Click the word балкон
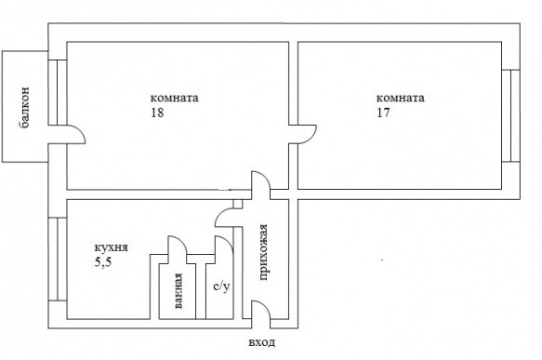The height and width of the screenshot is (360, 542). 25,108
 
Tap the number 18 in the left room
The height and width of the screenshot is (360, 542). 157,113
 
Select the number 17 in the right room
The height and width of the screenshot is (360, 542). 383,113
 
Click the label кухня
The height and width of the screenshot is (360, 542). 112,247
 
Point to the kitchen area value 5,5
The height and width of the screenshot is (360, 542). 103,263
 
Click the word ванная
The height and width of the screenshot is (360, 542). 178,291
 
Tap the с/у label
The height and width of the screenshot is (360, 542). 221,287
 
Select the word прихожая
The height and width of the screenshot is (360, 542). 263,252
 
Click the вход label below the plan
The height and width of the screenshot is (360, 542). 262,342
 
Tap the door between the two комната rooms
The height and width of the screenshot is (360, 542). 311,131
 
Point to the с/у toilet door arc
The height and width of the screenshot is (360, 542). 228,241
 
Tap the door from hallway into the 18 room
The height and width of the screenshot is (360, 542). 264,177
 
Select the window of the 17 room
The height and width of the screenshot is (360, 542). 511,116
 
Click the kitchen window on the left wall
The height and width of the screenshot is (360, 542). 57,259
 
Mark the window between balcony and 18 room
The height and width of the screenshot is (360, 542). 57,92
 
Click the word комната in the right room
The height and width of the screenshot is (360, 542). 401,98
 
